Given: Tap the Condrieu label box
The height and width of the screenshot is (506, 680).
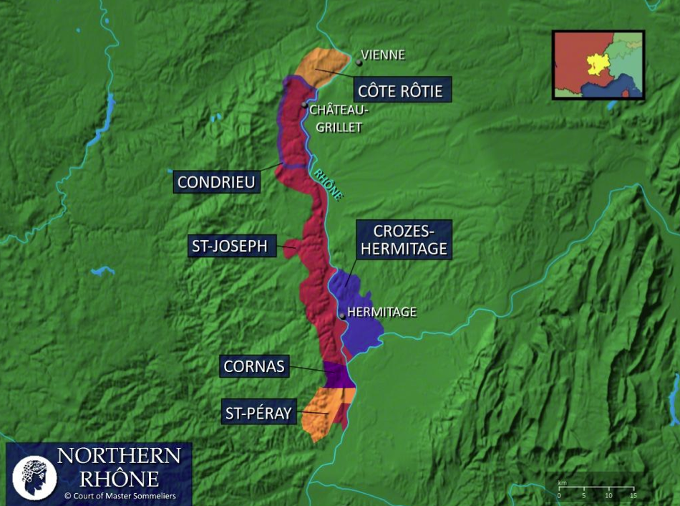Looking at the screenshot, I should pos(216,182).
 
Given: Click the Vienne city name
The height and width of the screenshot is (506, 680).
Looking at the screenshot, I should pos(383,55).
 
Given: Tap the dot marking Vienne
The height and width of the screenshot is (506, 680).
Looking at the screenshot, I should pos(359,63).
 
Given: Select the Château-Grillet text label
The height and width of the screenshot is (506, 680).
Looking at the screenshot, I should pos(339,118).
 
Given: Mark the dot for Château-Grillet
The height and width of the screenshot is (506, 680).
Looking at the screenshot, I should pos(304,105).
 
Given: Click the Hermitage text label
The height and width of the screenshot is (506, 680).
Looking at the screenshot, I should pos(382,312).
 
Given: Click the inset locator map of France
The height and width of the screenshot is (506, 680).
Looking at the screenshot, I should pos(598,65).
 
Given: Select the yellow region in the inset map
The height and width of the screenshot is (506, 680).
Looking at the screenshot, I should pos(596,64).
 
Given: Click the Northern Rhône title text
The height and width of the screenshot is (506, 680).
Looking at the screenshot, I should pos(118,467).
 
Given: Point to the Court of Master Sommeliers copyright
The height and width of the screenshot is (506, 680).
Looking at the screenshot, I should pos(120,495).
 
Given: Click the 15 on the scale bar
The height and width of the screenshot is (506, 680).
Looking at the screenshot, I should pos(633,495).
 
